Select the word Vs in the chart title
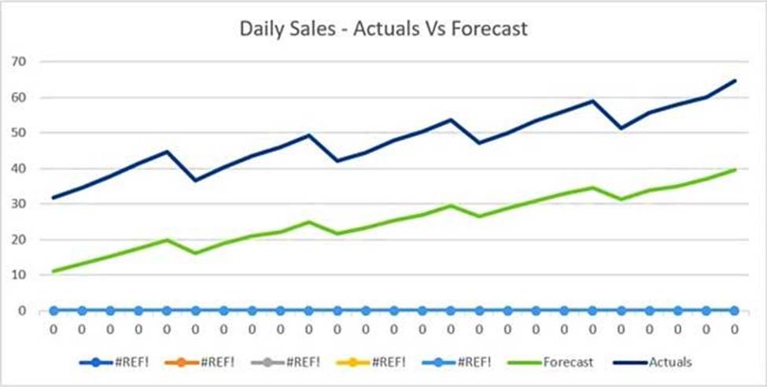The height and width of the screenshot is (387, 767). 434,29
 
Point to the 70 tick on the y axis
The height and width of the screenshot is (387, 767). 18,61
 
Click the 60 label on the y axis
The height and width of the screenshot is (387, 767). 18,98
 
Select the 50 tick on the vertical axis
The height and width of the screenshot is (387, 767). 18,133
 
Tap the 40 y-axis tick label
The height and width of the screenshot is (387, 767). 18,168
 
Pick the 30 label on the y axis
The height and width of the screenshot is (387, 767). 18,204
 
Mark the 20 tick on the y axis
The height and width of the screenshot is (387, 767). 18,239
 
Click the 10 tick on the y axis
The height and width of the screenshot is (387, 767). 18,275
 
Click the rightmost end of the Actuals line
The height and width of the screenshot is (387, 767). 735,80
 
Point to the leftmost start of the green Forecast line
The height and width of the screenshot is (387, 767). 53,271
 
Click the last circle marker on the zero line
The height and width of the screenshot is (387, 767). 735,311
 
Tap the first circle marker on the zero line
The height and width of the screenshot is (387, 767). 53,311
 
